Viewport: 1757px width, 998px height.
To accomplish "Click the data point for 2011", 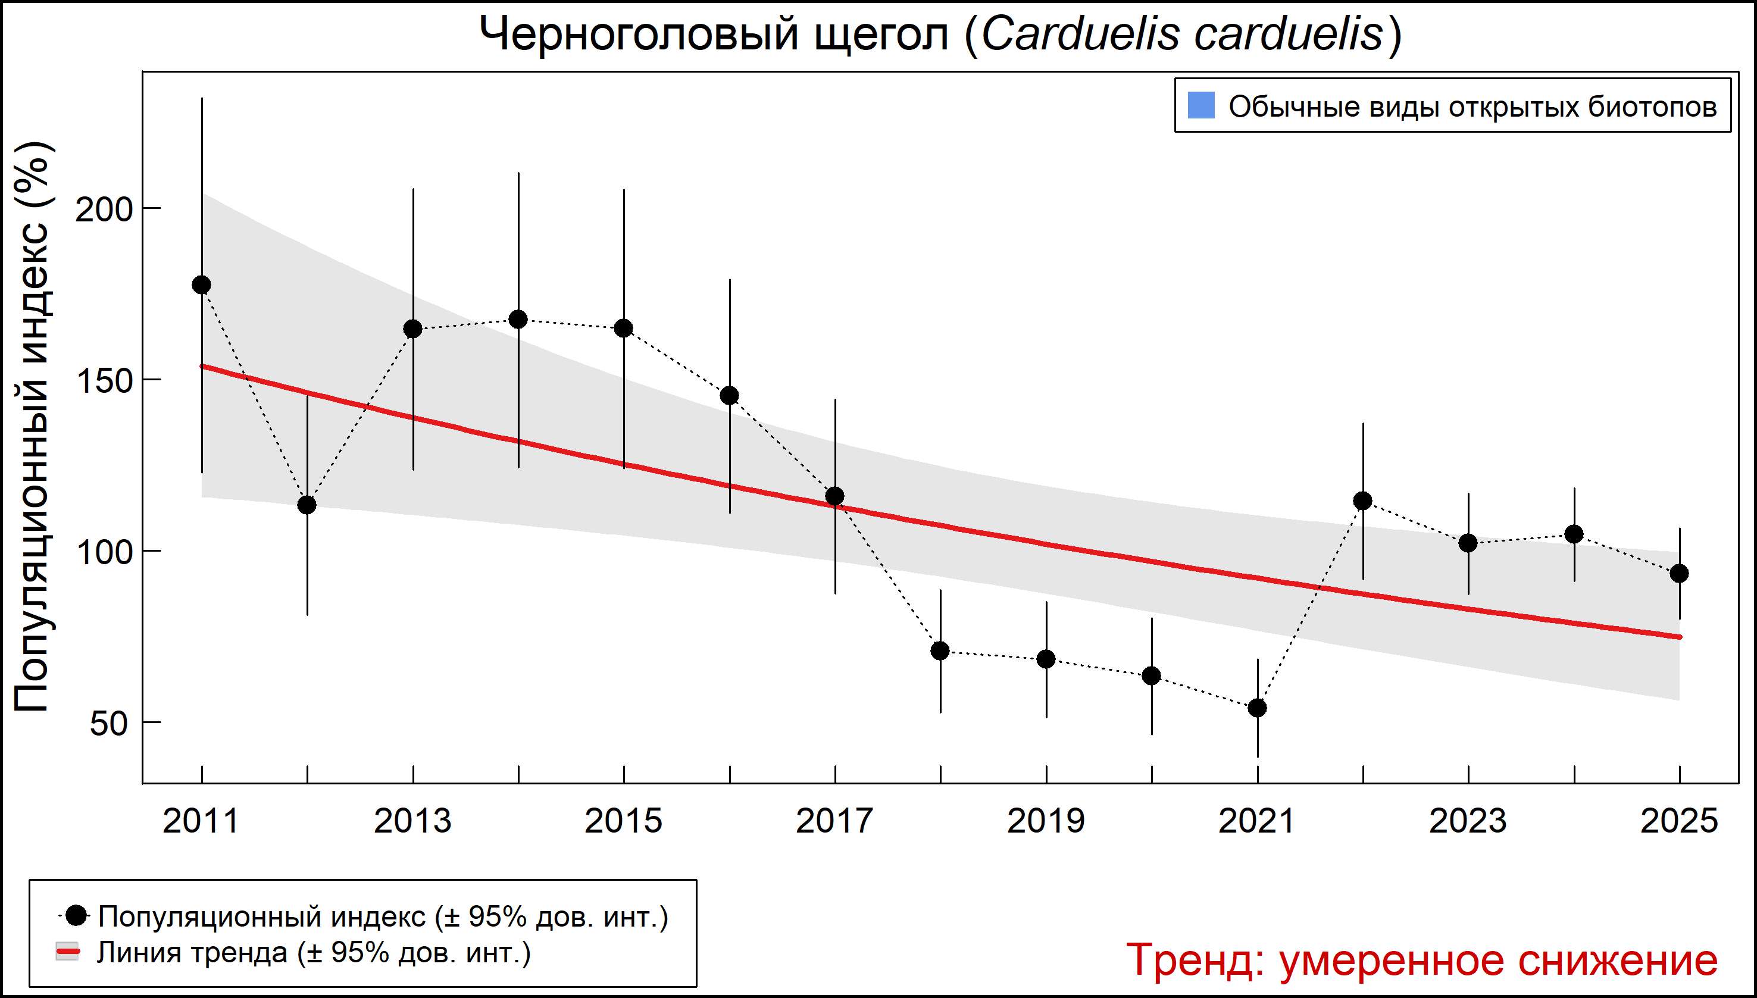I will [x=202, y=285].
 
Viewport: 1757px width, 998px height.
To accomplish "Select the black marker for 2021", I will [x=1257, y=708].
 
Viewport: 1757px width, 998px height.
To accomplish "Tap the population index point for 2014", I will [x=518, y=320].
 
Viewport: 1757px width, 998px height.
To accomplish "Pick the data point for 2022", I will [x=1363, y=501].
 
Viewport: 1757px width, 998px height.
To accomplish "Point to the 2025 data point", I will [x=1679, y=574].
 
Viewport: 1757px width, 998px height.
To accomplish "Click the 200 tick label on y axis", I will [x=103, y=209].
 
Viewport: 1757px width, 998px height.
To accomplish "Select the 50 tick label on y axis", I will [x=108, y=724].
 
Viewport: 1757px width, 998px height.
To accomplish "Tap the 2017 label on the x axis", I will [x=834, y=821].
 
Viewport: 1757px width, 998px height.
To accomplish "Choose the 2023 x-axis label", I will [x=1468, y=821].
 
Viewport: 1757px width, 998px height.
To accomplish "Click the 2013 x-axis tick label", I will [x=412, y=821].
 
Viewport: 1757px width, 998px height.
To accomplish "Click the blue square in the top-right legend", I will [x=1201, y=105].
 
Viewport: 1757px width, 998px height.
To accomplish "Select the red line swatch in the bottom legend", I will [x=67, y=952].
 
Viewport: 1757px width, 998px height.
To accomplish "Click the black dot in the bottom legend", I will [x=77, y=915].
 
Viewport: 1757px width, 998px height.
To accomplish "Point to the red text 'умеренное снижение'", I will [x=1498, y=961].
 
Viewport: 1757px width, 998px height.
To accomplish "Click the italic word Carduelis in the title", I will [x=1080, y=35].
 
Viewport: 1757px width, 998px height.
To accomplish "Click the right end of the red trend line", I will [x=1679, y=637].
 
